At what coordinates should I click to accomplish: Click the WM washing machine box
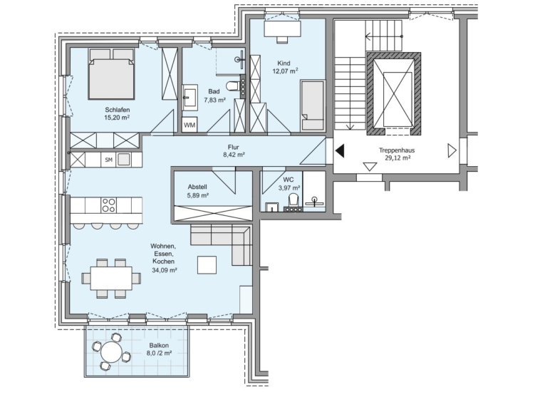pyautogui.click(x=189, y=125)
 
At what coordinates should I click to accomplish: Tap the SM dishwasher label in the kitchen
pyautogui.click(x=109, y=160)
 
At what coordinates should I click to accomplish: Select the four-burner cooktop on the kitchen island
pyautogui.click(x=108, y=205)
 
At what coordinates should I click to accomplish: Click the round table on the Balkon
pyautogui.click(x=111, y=352)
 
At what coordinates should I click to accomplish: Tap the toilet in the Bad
pyautogui.click(x=232, y=85)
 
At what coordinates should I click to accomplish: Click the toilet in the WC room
pyautogui.click(x=293, y=201)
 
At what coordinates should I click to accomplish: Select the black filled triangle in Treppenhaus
pyautogui.click(x=340, y=151)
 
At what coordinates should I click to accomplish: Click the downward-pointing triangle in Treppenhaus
pyautogui.click(x=370, y=167)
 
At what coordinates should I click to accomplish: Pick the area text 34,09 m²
pyautogui.click(x=165, y=270)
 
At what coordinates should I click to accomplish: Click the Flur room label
pyautogui.click(x=233, y=147)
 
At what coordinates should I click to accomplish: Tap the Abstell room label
pyautogui.click(x=197, y=187)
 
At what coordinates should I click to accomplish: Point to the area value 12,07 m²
pyautogui.click(x=285, y=71)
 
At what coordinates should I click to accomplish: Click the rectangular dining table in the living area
pyautogui.click(x=111, y=278)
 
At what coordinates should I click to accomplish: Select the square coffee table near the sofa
pyautogui.click(x=207, y=265)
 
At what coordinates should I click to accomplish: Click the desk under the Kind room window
pyautogui.click(x=282, y=29)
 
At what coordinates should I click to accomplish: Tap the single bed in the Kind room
pyautogui.click(x=312, y=105)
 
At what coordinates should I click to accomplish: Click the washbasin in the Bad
pyautogui.click(x=189, y=98)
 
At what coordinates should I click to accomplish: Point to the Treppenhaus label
pyautogui.click(x=397, y=150)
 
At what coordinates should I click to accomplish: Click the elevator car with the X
pyautogui.click(x=398, y=100)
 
